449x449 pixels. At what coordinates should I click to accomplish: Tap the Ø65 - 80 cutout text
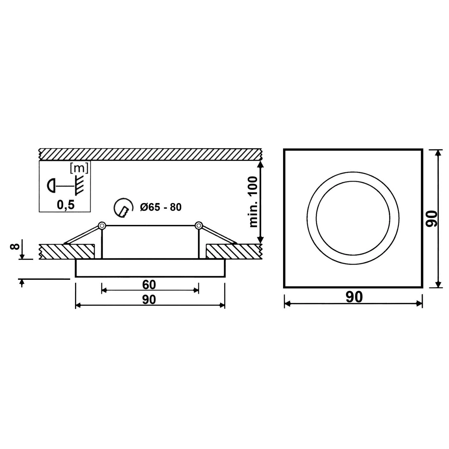point(161,207)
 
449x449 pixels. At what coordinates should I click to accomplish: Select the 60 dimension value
point(149,284)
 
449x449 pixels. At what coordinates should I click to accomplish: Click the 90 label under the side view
point(149,300)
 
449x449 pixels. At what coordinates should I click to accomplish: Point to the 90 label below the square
point(354,297)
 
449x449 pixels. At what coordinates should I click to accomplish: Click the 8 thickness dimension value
point(15,246)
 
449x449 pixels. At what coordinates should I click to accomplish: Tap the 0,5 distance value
point(66,205)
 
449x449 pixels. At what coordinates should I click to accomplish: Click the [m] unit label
point(79,168)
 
